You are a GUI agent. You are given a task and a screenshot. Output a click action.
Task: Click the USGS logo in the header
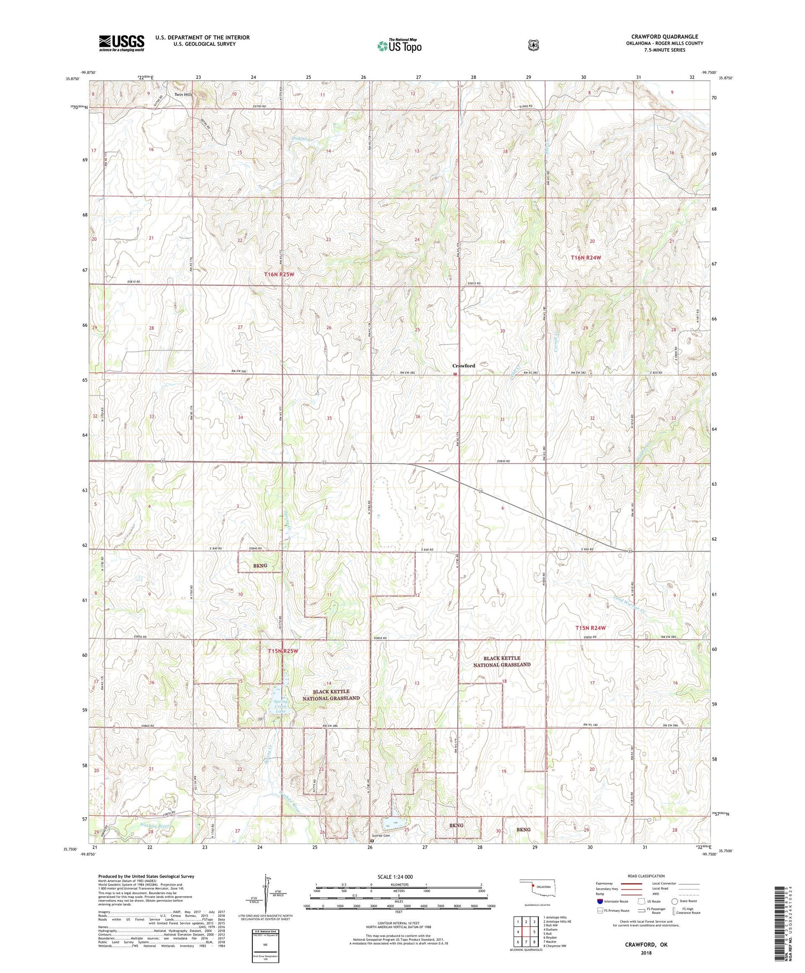[121, 43]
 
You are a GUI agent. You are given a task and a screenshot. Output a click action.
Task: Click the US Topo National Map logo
[399, 46]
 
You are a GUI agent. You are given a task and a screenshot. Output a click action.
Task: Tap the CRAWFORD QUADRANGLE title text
[664, 37]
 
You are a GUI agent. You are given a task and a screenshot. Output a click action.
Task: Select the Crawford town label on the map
[464, 366]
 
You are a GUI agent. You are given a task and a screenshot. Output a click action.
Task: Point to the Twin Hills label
[183, 95]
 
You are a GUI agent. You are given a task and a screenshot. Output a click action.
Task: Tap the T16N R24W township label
[586, 258]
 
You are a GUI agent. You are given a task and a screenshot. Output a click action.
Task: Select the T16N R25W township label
[280, 274]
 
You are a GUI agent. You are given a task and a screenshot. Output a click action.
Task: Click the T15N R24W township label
[590, 628]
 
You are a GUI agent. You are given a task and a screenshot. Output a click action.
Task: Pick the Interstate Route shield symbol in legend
[600, 901]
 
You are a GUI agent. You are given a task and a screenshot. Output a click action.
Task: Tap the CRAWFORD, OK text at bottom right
[646, 945]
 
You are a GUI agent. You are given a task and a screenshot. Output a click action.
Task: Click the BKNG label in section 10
[260, 566]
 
